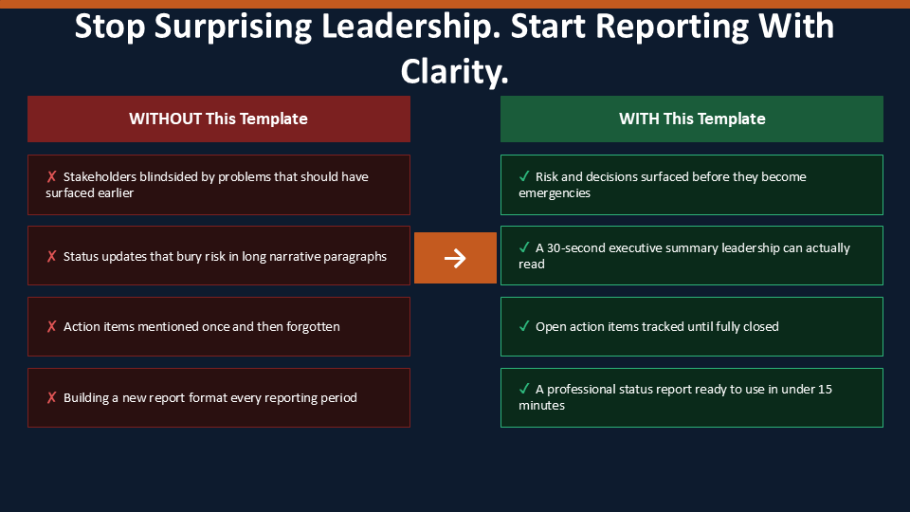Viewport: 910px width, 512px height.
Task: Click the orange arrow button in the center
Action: [x=455, y=258]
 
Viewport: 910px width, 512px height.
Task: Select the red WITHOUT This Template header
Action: [x=219, y=119]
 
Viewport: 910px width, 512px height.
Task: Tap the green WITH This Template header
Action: [x=692, y=119]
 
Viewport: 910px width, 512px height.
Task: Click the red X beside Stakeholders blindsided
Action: [x=51, y=176]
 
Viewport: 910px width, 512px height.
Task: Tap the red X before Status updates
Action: [x=51, y=256]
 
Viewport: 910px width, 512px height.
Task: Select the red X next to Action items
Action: [x=51, y=327]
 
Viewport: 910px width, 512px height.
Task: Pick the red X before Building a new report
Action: [x=51, y=397]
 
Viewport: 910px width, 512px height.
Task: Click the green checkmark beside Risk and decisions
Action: [x=524, y=176]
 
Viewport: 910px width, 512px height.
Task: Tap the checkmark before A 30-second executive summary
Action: [x=524, y=247]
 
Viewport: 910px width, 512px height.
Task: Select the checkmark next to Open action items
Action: [x=524, y=326]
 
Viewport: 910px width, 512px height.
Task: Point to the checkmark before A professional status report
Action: [x=524, y=389]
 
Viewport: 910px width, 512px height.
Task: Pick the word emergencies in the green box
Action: [x=555, y=193]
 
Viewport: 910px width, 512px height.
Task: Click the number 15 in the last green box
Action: [x=825, y=389]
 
